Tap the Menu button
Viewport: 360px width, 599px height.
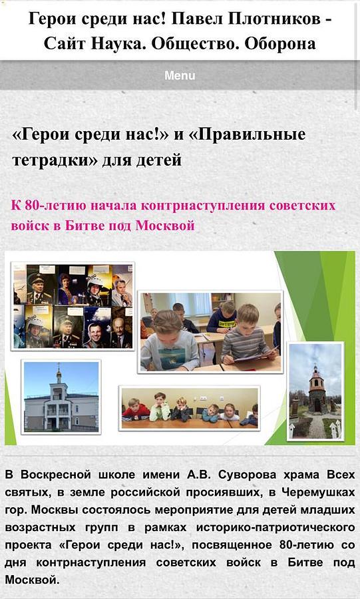click(180, 75)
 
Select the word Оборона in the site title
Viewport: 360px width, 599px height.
click(280, 43)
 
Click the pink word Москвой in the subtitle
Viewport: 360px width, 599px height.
click(165, 226)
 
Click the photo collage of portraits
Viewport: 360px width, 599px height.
click(73, 306)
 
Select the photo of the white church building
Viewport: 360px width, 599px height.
click(61, 397)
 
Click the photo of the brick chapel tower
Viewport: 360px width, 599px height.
click(315, 391)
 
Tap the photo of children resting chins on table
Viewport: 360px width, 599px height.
click(190, 408)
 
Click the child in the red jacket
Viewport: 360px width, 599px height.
click(136, 410)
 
